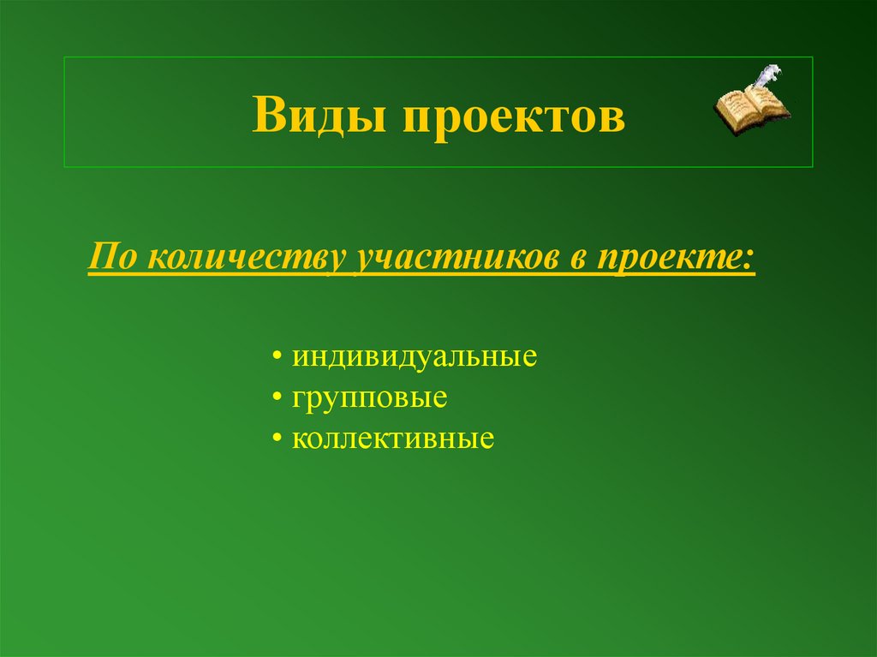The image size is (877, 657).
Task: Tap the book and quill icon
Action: (751, 100)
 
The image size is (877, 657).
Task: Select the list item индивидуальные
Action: (415, 356)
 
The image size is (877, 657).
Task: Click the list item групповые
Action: (370, 399)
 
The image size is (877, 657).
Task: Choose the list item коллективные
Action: (393, 439)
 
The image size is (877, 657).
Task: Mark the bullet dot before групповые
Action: (279, 399)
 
